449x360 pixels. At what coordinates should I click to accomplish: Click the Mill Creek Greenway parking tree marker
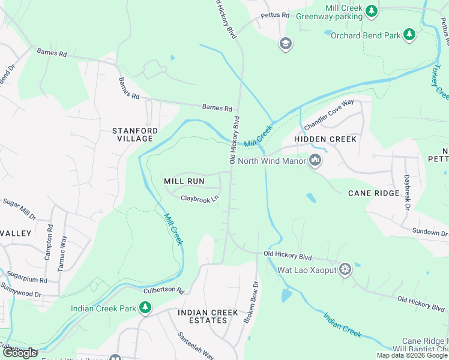pyautogui.click(x=372, y=10)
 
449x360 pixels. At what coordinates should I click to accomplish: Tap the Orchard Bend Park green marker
pyautogui.click(x=409, y=35)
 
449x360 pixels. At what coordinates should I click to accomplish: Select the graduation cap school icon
pyautogui.click(x=285, y=43)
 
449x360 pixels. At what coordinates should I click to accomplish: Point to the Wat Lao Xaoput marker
pyautogui.click(x=345, y=269)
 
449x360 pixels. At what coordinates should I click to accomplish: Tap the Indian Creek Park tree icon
pyautogui.click(x=145, y=308)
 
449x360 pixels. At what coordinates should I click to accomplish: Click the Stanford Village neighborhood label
pyautogui.click(x=136, y=134)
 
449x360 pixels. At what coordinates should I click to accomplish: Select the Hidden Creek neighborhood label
pyautogui.click(x=325, y=139)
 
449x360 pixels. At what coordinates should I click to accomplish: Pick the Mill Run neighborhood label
pyautogui.click(x=184, y=181)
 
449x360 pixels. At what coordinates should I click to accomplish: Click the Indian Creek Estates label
pyautogui.click(x=208, y=316)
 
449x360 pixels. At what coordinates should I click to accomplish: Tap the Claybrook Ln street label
pyautogui.click(x=199, y=197)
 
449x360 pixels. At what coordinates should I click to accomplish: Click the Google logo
pyautogui.click(x=20, y=353)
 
